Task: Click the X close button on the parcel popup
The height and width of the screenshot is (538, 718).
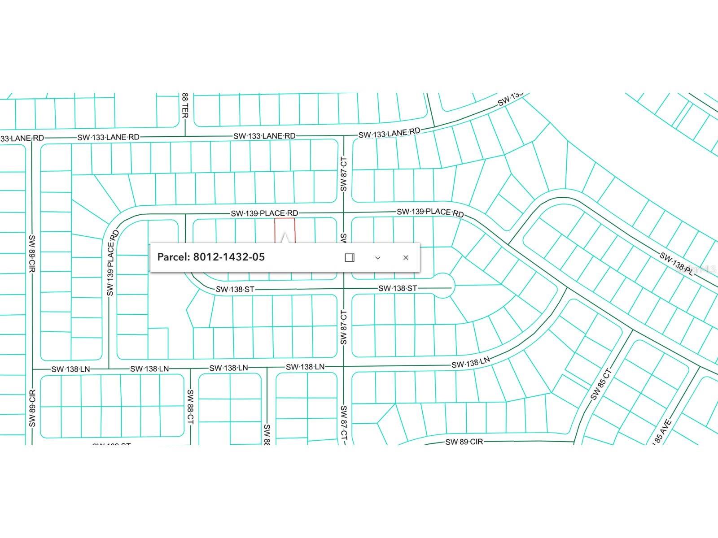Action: pos(406,257)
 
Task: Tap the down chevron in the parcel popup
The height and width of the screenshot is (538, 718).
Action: pos(377,257)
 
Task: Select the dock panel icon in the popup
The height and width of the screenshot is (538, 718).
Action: pos(350,257)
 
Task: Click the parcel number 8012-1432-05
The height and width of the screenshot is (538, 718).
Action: pos(229,257)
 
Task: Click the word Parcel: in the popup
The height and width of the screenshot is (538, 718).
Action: pos(174,257)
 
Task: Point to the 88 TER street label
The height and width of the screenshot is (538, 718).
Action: pos(185,106)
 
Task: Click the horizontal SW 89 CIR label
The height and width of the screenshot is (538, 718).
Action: pos(464,442)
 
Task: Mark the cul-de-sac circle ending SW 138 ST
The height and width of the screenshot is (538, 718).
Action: pos(442,286)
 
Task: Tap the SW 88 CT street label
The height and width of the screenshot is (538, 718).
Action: pos(190,407)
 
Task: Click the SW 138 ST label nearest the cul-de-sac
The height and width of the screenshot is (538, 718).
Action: pos(398,288)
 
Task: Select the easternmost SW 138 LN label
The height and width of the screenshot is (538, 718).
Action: pos(471,363)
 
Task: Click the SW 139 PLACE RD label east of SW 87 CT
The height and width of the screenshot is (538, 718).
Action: pos(430,212)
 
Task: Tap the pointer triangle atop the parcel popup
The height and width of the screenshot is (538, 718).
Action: pos(285,238)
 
